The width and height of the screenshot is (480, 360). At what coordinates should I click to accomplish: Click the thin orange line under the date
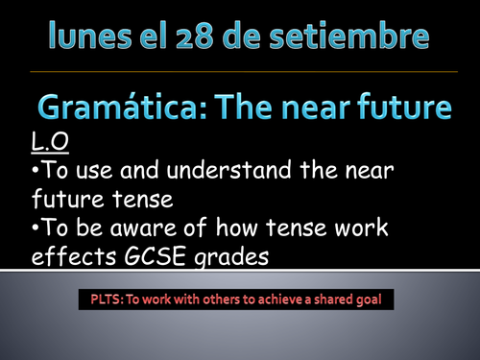(x=240, y=72)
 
